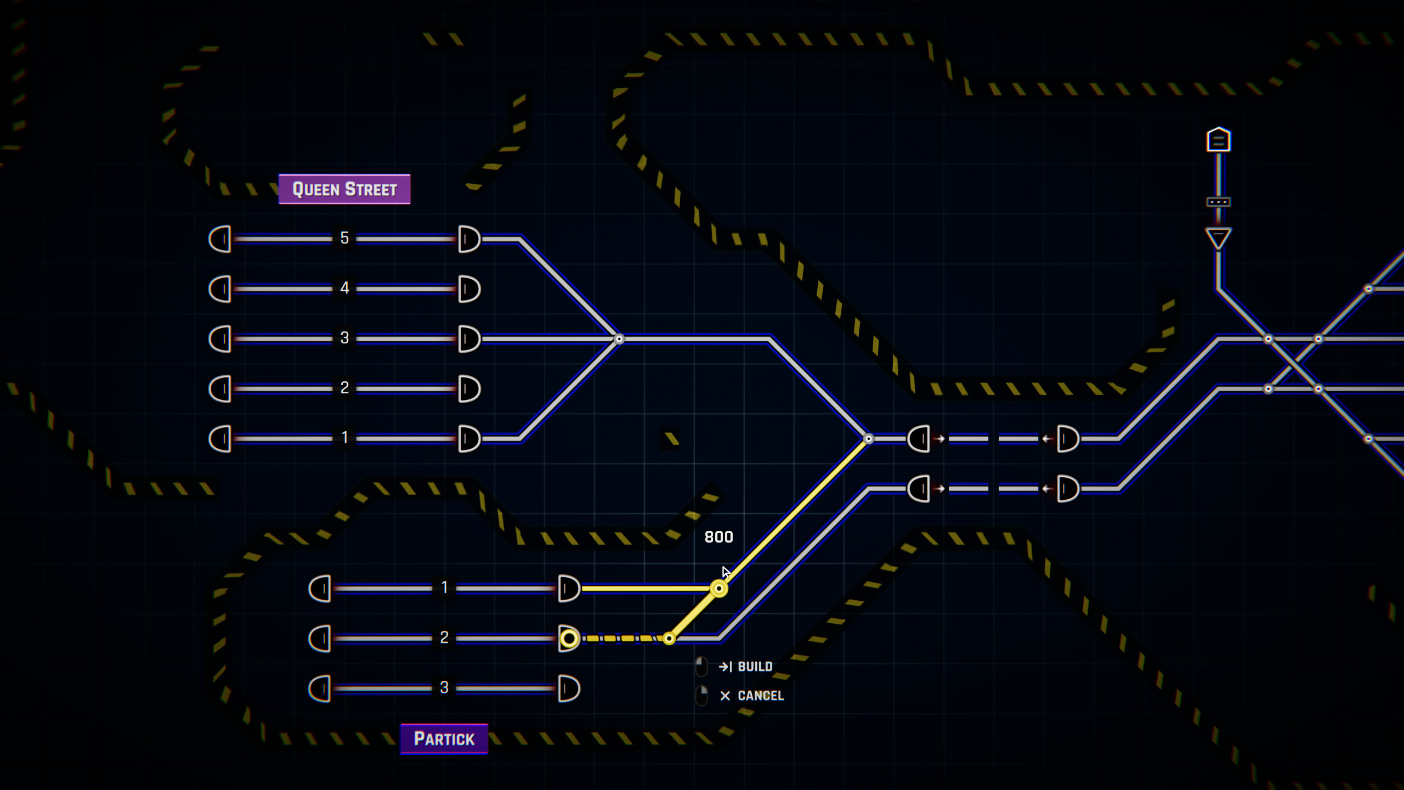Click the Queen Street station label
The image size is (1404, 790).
[344, 189]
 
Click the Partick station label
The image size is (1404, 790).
[444, 739]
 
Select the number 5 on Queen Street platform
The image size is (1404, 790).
[344, 238]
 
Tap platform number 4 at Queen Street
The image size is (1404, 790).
[344, 288]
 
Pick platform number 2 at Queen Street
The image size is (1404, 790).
[344, 388]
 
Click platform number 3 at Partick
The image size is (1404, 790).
[444, 687]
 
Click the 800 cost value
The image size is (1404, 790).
[718, 537]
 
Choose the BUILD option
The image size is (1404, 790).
[754, 667]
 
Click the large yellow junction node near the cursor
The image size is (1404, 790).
[718, 588]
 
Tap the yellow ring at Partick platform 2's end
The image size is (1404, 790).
[569, 638]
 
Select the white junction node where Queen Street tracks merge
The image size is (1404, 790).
[619, 339]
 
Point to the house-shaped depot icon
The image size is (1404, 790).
[1218, 140]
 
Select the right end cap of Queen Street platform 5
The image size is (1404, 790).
[469, 239]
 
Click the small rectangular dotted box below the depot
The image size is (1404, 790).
[1218, 202]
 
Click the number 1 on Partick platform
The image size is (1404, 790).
[444, 588]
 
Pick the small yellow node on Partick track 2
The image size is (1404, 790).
[669, 638]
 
